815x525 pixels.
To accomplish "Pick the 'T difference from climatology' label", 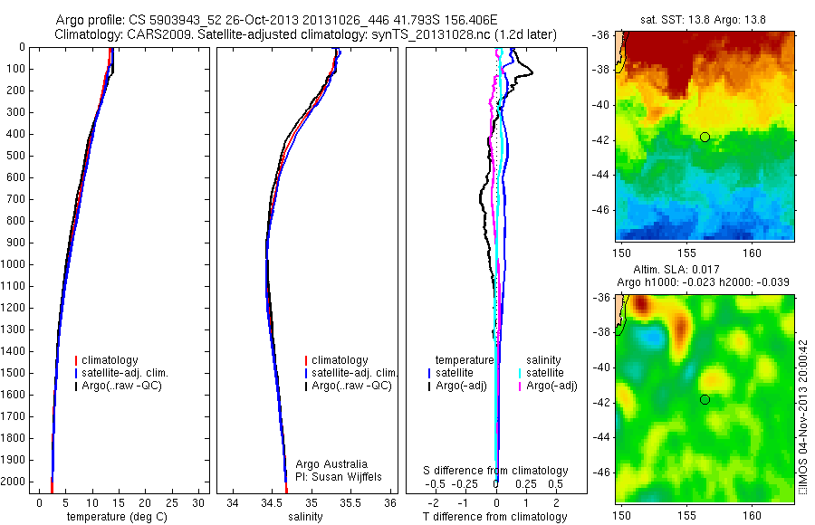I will tap(494, 517).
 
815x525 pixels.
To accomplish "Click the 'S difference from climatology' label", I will tap(496, 471).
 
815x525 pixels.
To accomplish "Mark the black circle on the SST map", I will tap(705, 137).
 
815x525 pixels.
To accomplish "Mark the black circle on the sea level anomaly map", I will tap(705, 399).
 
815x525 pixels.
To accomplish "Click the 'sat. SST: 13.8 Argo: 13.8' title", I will tap(706, 16).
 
